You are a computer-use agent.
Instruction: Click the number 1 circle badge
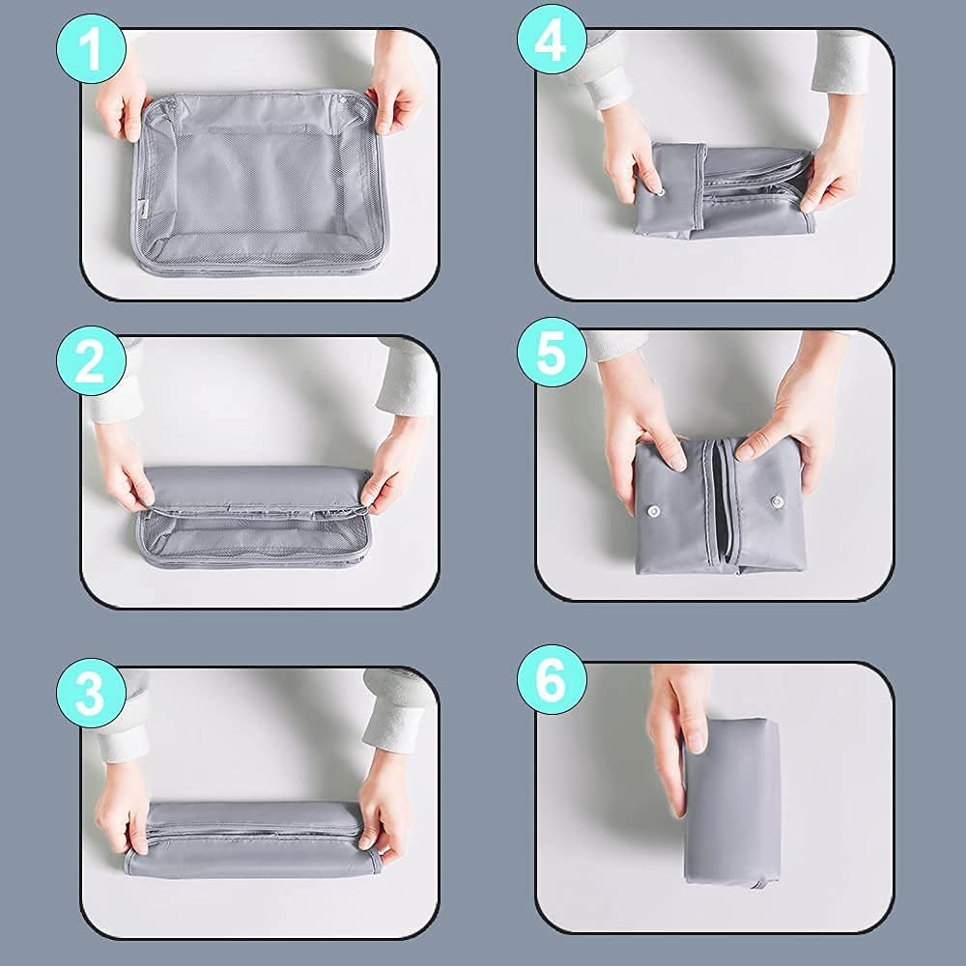pos(91,48)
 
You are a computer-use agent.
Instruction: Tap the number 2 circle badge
pos(91,360)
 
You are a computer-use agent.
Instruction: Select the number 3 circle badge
pos(91,693)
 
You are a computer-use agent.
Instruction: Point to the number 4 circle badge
pos(552,40)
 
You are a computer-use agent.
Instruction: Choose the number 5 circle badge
pos(552,352)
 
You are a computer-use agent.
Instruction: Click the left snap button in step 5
pos(652,511)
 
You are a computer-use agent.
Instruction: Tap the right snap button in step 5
pos(778,501)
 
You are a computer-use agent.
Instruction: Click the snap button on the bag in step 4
pos(660,191)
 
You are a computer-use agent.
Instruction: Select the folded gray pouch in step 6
pos(732,801)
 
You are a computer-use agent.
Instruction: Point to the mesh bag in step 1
pos(258,183)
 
